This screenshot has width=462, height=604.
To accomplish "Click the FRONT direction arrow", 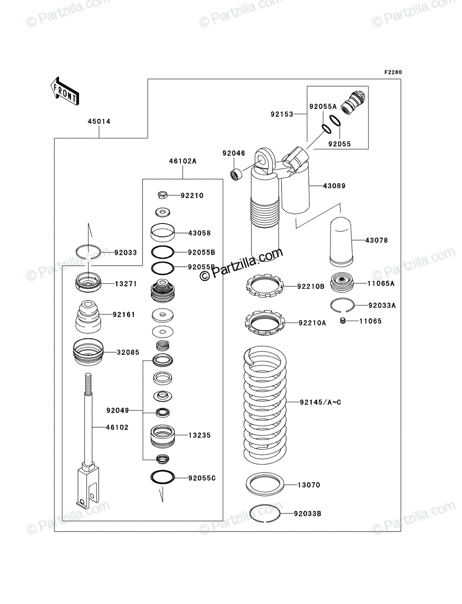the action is click(x=65, y=91).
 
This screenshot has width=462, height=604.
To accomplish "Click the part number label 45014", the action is click(x=99, y=121).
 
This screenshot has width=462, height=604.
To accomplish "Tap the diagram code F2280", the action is click(x=393, y=72).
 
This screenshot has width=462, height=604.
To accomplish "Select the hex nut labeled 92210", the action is click(x=163, y=195).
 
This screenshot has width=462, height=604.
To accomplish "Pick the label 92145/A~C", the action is click(x=320, y=402).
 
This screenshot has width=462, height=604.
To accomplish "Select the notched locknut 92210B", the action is click(x=265, y=286).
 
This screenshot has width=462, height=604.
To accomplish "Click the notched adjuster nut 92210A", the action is click(x=265, y=322).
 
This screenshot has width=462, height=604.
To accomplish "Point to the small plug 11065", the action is click(x=343, y=321).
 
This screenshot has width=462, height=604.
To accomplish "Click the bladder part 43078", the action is click(x=341, y=242).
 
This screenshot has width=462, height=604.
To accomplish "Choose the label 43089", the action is click(x=334, y=186).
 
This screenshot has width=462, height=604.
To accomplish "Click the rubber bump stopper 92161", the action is click(x=88, y=317).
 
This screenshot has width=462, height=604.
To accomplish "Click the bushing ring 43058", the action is click(x=162, y=233).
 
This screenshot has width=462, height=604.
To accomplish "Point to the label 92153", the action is click(x=282, y=114).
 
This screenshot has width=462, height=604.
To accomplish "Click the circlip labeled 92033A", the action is click(x=342, y=305).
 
